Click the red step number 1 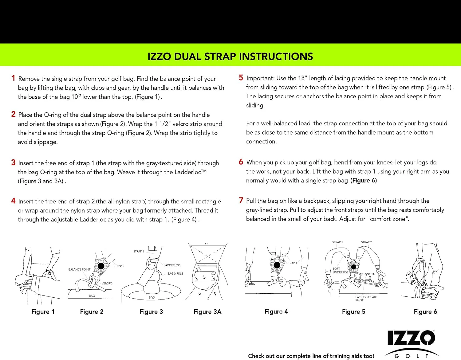click(13, 78)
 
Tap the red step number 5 click(241, 78)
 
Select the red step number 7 click(241, 200)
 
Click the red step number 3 click(13, 162)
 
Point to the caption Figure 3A click(207, 311)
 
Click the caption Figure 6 click(425, 311)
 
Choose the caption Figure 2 click(92, 311)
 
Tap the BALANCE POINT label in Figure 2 click(79, 269)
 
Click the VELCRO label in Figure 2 click(107, 283)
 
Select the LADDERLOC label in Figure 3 click(171, 265)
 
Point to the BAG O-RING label click(175, 273)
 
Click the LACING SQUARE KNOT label click(366, 299)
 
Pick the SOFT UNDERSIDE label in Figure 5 click(341, 270)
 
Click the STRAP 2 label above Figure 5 click(366, 242)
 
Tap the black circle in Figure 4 click(277, 265)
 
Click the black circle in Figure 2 click(101, 266)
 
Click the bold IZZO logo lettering click(411, 338)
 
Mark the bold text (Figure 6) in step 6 click(363, 180)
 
